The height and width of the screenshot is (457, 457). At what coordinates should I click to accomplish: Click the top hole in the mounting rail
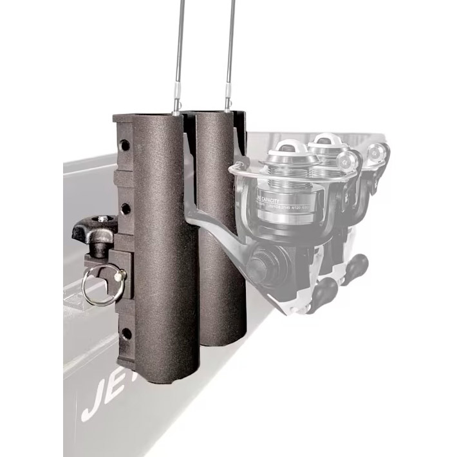(124, 141)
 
